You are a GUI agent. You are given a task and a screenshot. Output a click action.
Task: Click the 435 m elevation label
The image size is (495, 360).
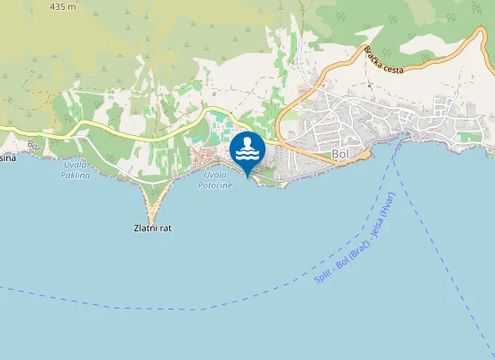(64, 6)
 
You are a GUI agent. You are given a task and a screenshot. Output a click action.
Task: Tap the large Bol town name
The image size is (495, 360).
(340, 155)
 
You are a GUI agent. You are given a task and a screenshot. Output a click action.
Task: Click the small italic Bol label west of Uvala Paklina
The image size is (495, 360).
(34, 144)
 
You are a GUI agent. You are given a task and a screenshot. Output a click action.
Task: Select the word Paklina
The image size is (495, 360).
(76, 175)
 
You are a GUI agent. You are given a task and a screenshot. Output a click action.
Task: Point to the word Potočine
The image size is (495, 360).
(215, 184)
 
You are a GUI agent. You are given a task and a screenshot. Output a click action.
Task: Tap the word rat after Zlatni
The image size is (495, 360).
(165, 229)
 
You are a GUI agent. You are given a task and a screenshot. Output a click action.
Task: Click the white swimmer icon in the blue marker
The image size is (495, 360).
(247, 149)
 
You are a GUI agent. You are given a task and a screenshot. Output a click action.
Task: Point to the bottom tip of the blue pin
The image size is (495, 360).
(247, 176)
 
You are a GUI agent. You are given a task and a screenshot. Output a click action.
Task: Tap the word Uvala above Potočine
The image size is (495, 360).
(214, 175)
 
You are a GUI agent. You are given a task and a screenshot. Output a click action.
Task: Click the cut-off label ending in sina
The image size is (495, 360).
(7, 155)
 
